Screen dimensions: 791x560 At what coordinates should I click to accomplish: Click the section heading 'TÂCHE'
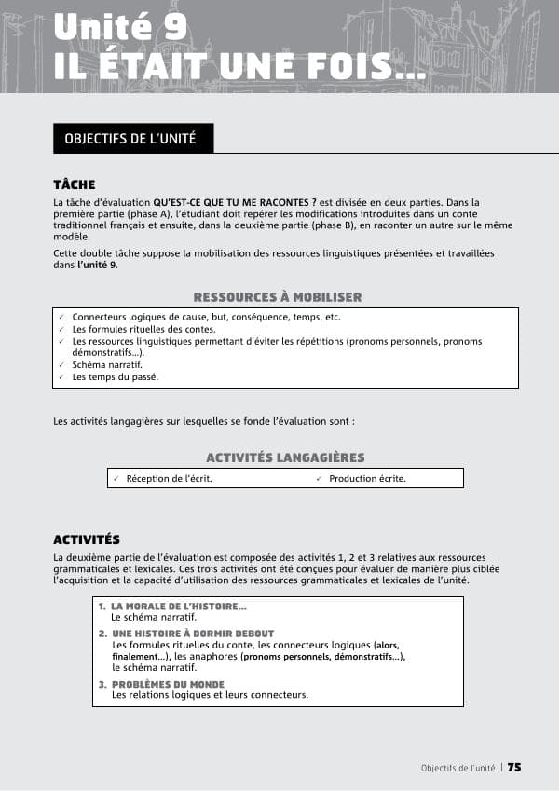75,184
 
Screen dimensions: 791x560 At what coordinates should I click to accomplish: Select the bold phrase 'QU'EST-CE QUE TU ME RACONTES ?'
235,202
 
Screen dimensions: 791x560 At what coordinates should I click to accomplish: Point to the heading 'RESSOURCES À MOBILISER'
277,297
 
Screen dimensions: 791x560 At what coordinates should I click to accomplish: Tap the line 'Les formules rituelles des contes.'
143,329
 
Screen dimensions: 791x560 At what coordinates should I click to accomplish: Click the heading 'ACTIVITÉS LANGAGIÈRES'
284,457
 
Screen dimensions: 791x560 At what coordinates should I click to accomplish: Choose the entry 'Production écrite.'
367,479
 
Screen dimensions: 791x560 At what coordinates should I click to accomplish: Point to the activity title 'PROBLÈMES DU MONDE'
168,684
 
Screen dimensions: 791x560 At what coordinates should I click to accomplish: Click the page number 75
513,768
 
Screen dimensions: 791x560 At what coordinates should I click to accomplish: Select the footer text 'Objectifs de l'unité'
458,768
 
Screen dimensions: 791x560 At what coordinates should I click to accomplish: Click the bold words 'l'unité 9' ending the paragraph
97,266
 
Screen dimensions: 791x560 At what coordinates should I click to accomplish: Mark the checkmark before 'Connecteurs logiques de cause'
61,317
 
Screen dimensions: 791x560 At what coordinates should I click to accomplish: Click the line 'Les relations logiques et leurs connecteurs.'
210,695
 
